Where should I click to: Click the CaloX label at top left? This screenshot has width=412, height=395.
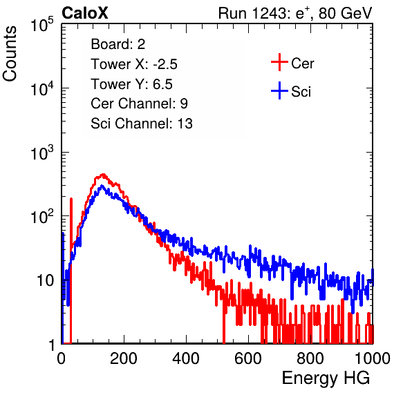pyautogui.click(x=84, y=13)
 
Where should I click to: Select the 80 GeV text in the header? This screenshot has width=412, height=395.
pyautogui.click(x=345, y=13)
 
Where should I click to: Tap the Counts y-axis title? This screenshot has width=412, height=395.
pyautogui.click(x=10, y=54)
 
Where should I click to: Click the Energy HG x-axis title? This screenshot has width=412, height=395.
pyautogui.click(x=326, y=378)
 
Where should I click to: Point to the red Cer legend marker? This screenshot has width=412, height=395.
pyautogui.click(x=279, y=62)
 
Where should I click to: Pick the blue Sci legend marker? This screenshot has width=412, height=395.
pyautogui.click(x=279, y=91)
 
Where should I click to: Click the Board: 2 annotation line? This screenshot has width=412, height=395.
pyautogui.click(x=118, y=44)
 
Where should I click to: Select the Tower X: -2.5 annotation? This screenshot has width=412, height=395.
pyautogui.click(x=134, y=64)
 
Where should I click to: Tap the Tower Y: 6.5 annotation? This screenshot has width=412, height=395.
pyautogui.click(x=131, y=84)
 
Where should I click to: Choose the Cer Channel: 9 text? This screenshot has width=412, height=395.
pyautogui.click(x=139, y=104)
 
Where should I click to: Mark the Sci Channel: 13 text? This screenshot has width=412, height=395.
pyautogui.click(x=142, y=124)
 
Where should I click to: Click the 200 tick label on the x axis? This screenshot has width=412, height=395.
pyautogui.click(x=124, y=358)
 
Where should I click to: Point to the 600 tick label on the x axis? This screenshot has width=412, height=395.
pyautogui.click(x=248, y=358)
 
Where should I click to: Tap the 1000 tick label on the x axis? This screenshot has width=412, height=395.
pyautogui.click(x=373, y=358)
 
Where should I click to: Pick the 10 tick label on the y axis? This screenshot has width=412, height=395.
pyautogui.click(x=45, y=280)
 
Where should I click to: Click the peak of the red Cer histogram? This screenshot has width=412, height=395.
pyautogui.click(x=103, y=175)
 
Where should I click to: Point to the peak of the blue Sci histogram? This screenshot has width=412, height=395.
pyautogui.click(x=102, y=186)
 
